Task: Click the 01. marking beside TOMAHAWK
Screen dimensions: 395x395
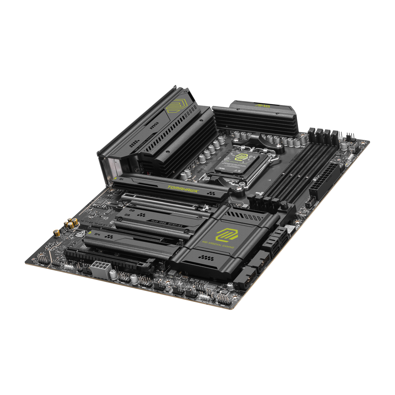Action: tap(121, 179)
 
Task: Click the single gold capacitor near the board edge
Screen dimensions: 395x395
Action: tap(57, 233)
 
